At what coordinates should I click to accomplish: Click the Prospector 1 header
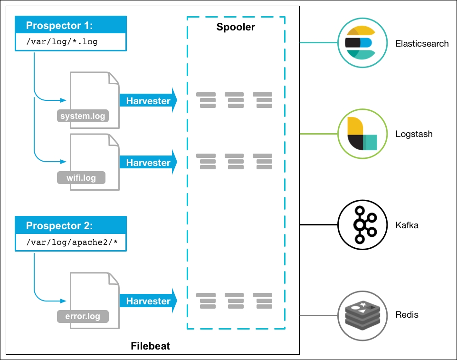(71, 25)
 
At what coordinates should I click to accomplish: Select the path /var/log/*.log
(62, 42)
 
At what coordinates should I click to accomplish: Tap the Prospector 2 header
(71, 225)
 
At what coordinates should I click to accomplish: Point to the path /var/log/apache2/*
(72, 242)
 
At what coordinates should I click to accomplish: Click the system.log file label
(83, 116)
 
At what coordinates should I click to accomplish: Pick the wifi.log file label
(81, 178)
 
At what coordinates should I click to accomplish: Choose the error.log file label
(83, 316)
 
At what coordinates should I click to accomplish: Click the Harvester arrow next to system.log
(148, 100)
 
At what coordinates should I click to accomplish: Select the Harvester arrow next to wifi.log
(148, 162)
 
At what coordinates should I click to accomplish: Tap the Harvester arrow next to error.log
(148, 301)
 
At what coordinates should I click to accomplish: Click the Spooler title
(236, 27)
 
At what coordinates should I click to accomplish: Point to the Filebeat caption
(151, 346)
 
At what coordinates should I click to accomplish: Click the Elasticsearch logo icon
(362, 43)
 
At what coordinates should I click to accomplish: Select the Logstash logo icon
(362, 134)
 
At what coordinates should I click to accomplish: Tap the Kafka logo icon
(362, 224)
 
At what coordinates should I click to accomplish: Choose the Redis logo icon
(362, 316)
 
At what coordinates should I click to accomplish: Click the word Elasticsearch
(422, 43)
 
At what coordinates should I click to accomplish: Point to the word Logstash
(414, 134)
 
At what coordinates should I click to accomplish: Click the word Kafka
(407, 225)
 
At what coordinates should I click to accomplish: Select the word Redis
(407, 314)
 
